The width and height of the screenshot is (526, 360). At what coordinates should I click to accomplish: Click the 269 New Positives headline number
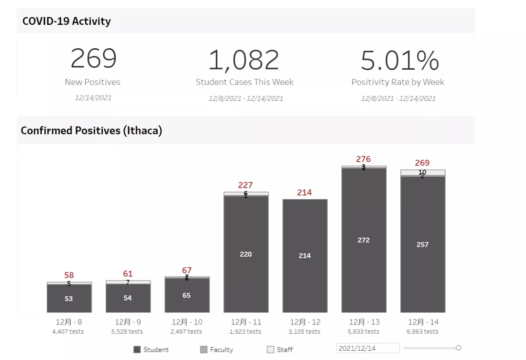click(x=94, y=58)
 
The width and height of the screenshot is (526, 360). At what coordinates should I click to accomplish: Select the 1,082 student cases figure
click(x=244, y=60)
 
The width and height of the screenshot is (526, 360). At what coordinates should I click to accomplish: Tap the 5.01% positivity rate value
click(x=399, y=60)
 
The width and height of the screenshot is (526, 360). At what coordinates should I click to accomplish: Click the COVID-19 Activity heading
click(x=67, y=21)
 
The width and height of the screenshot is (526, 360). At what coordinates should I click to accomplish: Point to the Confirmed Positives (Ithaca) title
click(x=91, y=131)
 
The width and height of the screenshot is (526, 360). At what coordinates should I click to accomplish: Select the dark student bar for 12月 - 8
click(x=69, y=298)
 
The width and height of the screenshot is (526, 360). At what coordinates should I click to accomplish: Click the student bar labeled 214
click(x=305, y=255)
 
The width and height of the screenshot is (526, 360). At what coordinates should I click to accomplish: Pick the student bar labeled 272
click(x=364, y=240)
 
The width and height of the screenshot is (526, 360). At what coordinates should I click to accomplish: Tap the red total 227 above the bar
click(x=245, y=185)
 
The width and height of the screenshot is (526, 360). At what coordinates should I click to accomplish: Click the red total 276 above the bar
click(x=363, y=159)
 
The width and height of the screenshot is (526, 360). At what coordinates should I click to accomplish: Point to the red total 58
click(x=69, y=275)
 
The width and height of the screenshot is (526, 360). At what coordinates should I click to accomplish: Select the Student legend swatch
click(x=137, y=349)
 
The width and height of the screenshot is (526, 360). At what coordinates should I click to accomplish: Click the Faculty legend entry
click(x=217, y=349)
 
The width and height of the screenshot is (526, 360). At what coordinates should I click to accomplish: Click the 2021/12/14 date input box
click(x=368, y=348)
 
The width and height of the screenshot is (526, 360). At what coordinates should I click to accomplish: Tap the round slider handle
click(x=458, y=348)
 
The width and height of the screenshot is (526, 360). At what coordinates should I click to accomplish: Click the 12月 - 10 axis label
click(x=187, y=322)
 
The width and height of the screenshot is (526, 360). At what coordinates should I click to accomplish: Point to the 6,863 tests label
click(x=423, y=331)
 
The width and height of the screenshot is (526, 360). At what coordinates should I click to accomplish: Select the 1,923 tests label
click(x=246, y=331)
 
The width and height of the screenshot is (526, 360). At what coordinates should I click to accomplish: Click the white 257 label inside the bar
click(x=423, y=245)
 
